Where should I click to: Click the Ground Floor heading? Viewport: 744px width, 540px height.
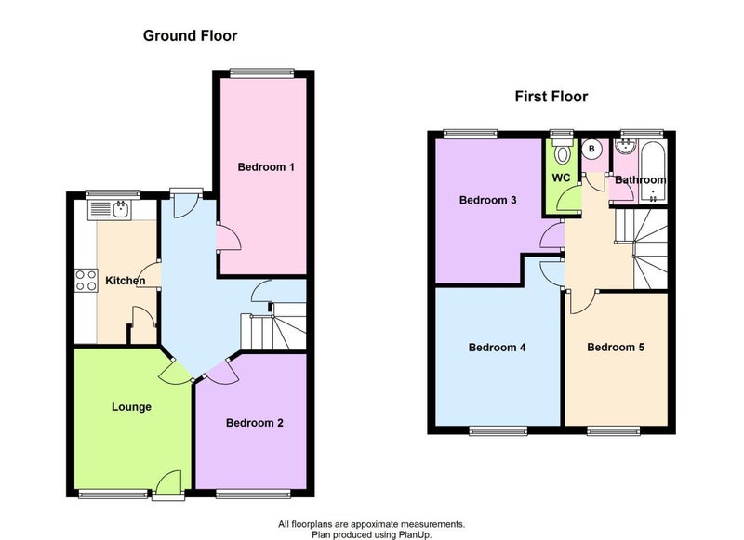click(190, 35)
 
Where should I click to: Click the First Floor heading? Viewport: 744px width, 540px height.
click(551, 97)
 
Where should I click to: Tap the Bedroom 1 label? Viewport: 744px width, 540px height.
click(266, 167)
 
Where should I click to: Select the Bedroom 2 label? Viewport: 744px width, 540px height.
click(254, 422)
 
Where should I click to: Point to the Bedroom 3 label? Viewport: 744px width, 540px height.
click(487, 200)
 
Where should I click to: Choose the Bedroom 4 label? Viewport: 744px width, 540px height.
click(497, 348)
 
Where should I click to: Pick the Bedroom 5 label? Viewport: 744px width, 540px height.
click(616, 347)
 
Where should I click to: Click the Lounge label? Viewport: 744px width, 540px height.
click(131, 407)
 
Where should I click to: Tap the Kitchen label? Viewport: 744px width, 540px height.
click(126, 281)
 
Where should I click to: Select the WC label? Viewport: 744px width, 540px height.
click(561, 178)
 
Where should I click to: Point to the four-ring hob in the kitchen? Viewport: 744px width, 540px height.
click(86, 280)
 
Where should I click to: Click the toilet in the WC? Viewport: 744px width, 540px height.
click(563, 151)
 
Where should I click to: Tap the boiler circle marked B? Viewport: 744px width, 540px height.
click(591, 149)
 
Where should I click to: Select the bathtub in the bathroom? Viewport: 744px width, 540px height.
click(654, 172)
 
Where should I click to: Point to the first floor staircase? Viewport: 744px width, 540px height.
click(642, 248)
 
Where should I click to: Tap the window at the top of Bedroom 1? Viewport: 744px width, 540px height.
click(261, 73)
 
